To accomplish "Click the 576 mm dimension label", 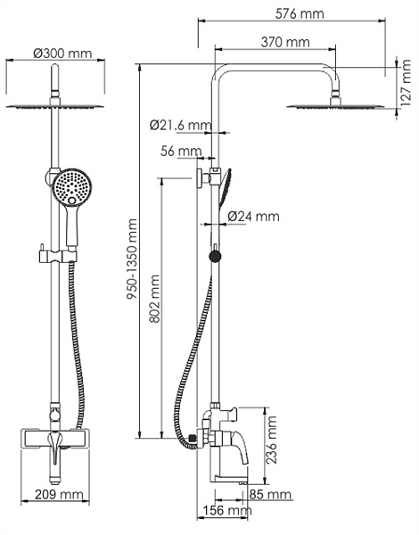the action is coord(300,14).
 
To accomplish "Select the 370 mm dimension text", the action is coord(285,42).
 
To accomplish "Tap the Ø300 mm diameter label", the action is coord(62,53).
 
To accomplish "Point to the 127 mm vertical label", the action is coord(406,83).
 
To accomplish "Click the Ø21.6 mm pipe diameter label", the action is coord(180,125).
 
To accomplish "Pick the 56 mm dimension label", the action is coord(181,151).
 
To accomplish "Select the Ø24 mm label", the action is coord(253,217).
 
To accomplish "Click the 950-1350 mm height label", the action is coord(132,259).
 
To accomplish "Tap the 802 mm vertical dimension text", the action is coord(154,299).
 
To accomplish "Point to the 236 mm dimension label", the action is coord(272,440).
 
